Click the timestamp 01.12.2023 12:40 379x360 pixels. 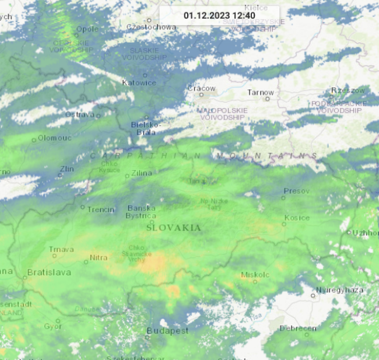(x=219, y=15)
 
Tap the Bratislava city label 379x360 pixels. (x=50, y=272)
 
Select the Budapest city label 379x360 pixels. (x=167, y=330)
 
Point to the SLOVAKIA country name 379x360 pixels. (x=174, y=228)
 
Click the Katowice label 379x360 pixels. (x=139, y=83)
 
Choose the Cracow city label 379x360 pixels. (x=202, y=89)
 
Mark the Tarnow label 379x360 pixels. (x=260, y=92)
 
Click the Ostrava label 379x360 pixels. (x=79, y=114)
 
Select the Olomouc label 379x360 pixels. (x=54, y=138)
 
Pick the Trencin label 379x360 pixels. (x=101, y=209)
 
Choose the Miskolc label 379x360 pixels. (x=255, y=274)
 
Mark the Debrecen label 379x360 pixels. (x=297, y=328)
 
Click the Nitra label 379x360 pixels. (x=99, y=257)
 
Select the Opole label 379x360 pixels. (x=87, y=29)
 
